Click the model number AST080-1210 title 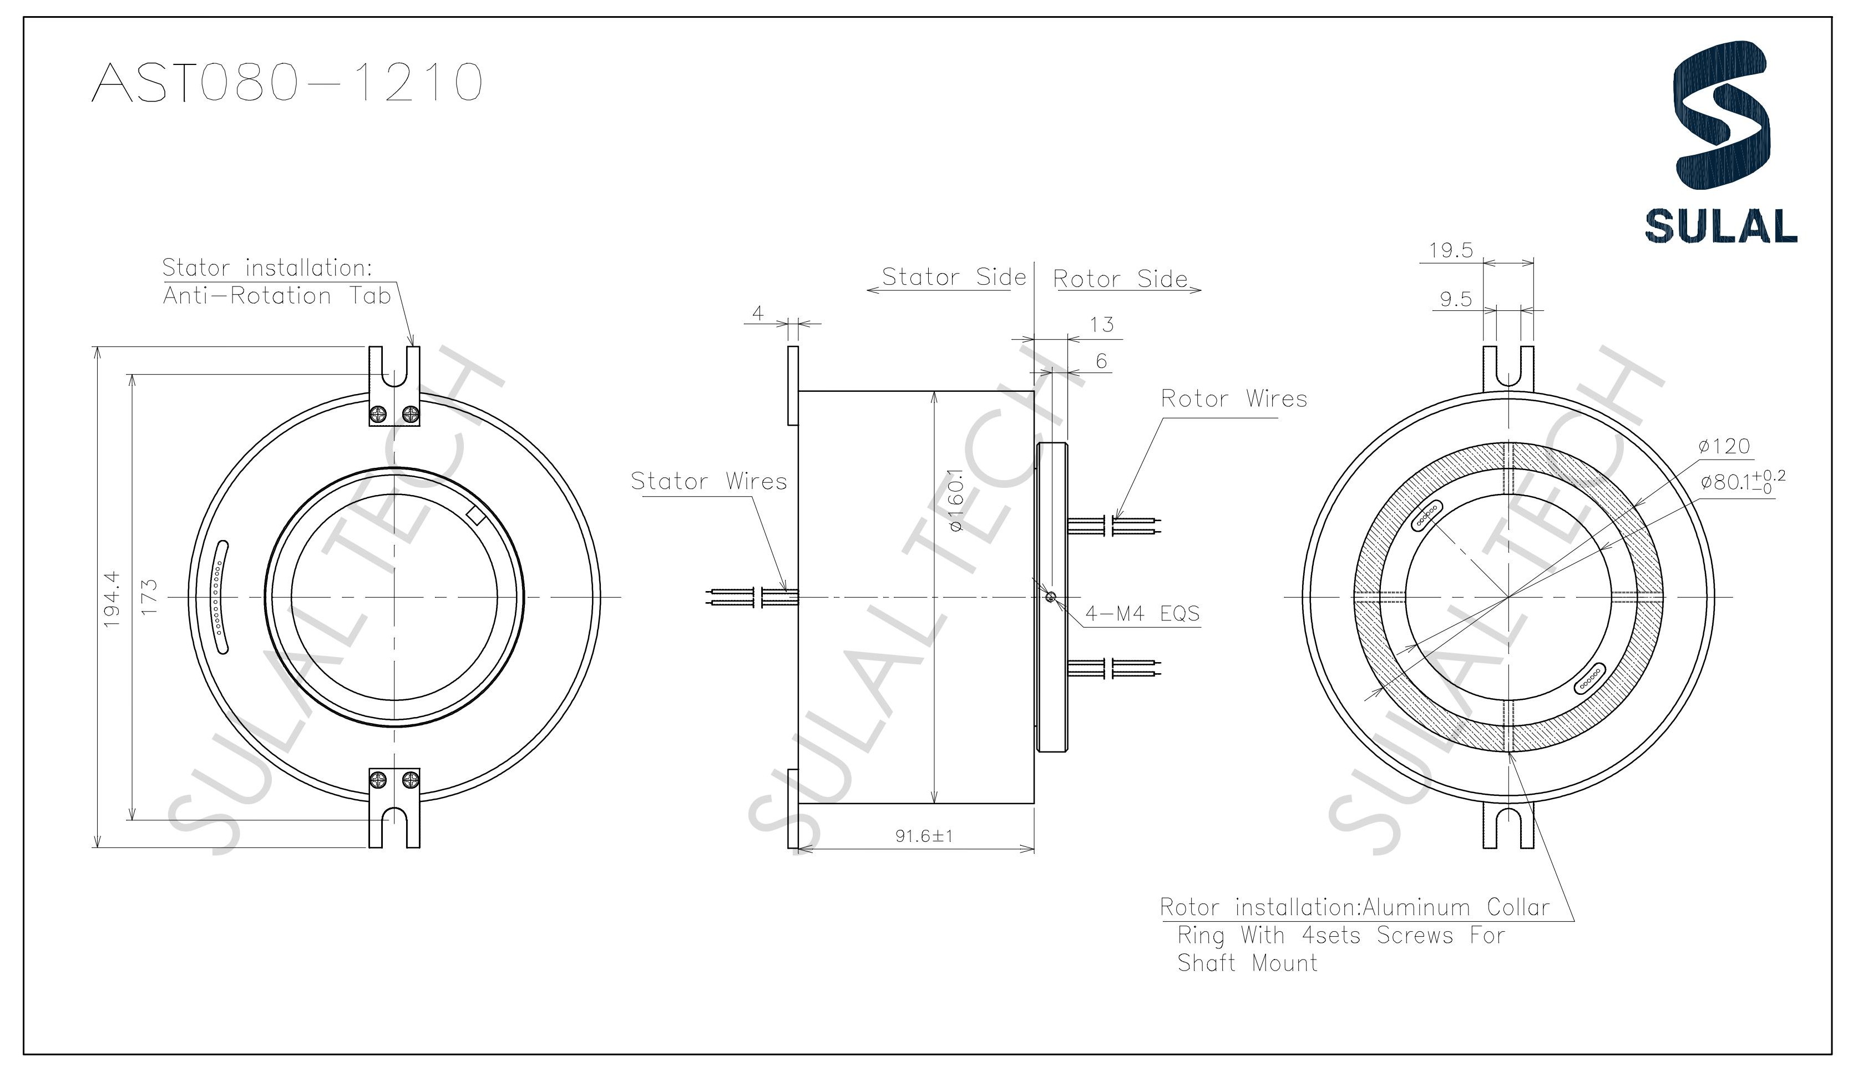(x=287, y=82)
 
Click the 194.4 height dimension (x=111, y=599)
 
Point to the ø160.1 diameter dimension (x=955, y=501)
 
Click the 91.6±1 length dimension (x=924, y=836)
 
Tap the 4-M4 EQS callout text (x=1142, y=613)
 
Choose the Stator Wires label (x=709, y=482)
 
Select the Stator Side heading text (x=954, y=277)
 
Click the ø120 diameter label (x=1724, y=446)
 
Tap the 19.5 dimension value (x=1451, y=251)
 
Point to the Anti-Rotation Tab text (x=276, y=296)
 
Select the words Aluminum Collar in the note (x=1456, y=907)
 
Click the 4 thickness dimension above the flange (x=758, y=314)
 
